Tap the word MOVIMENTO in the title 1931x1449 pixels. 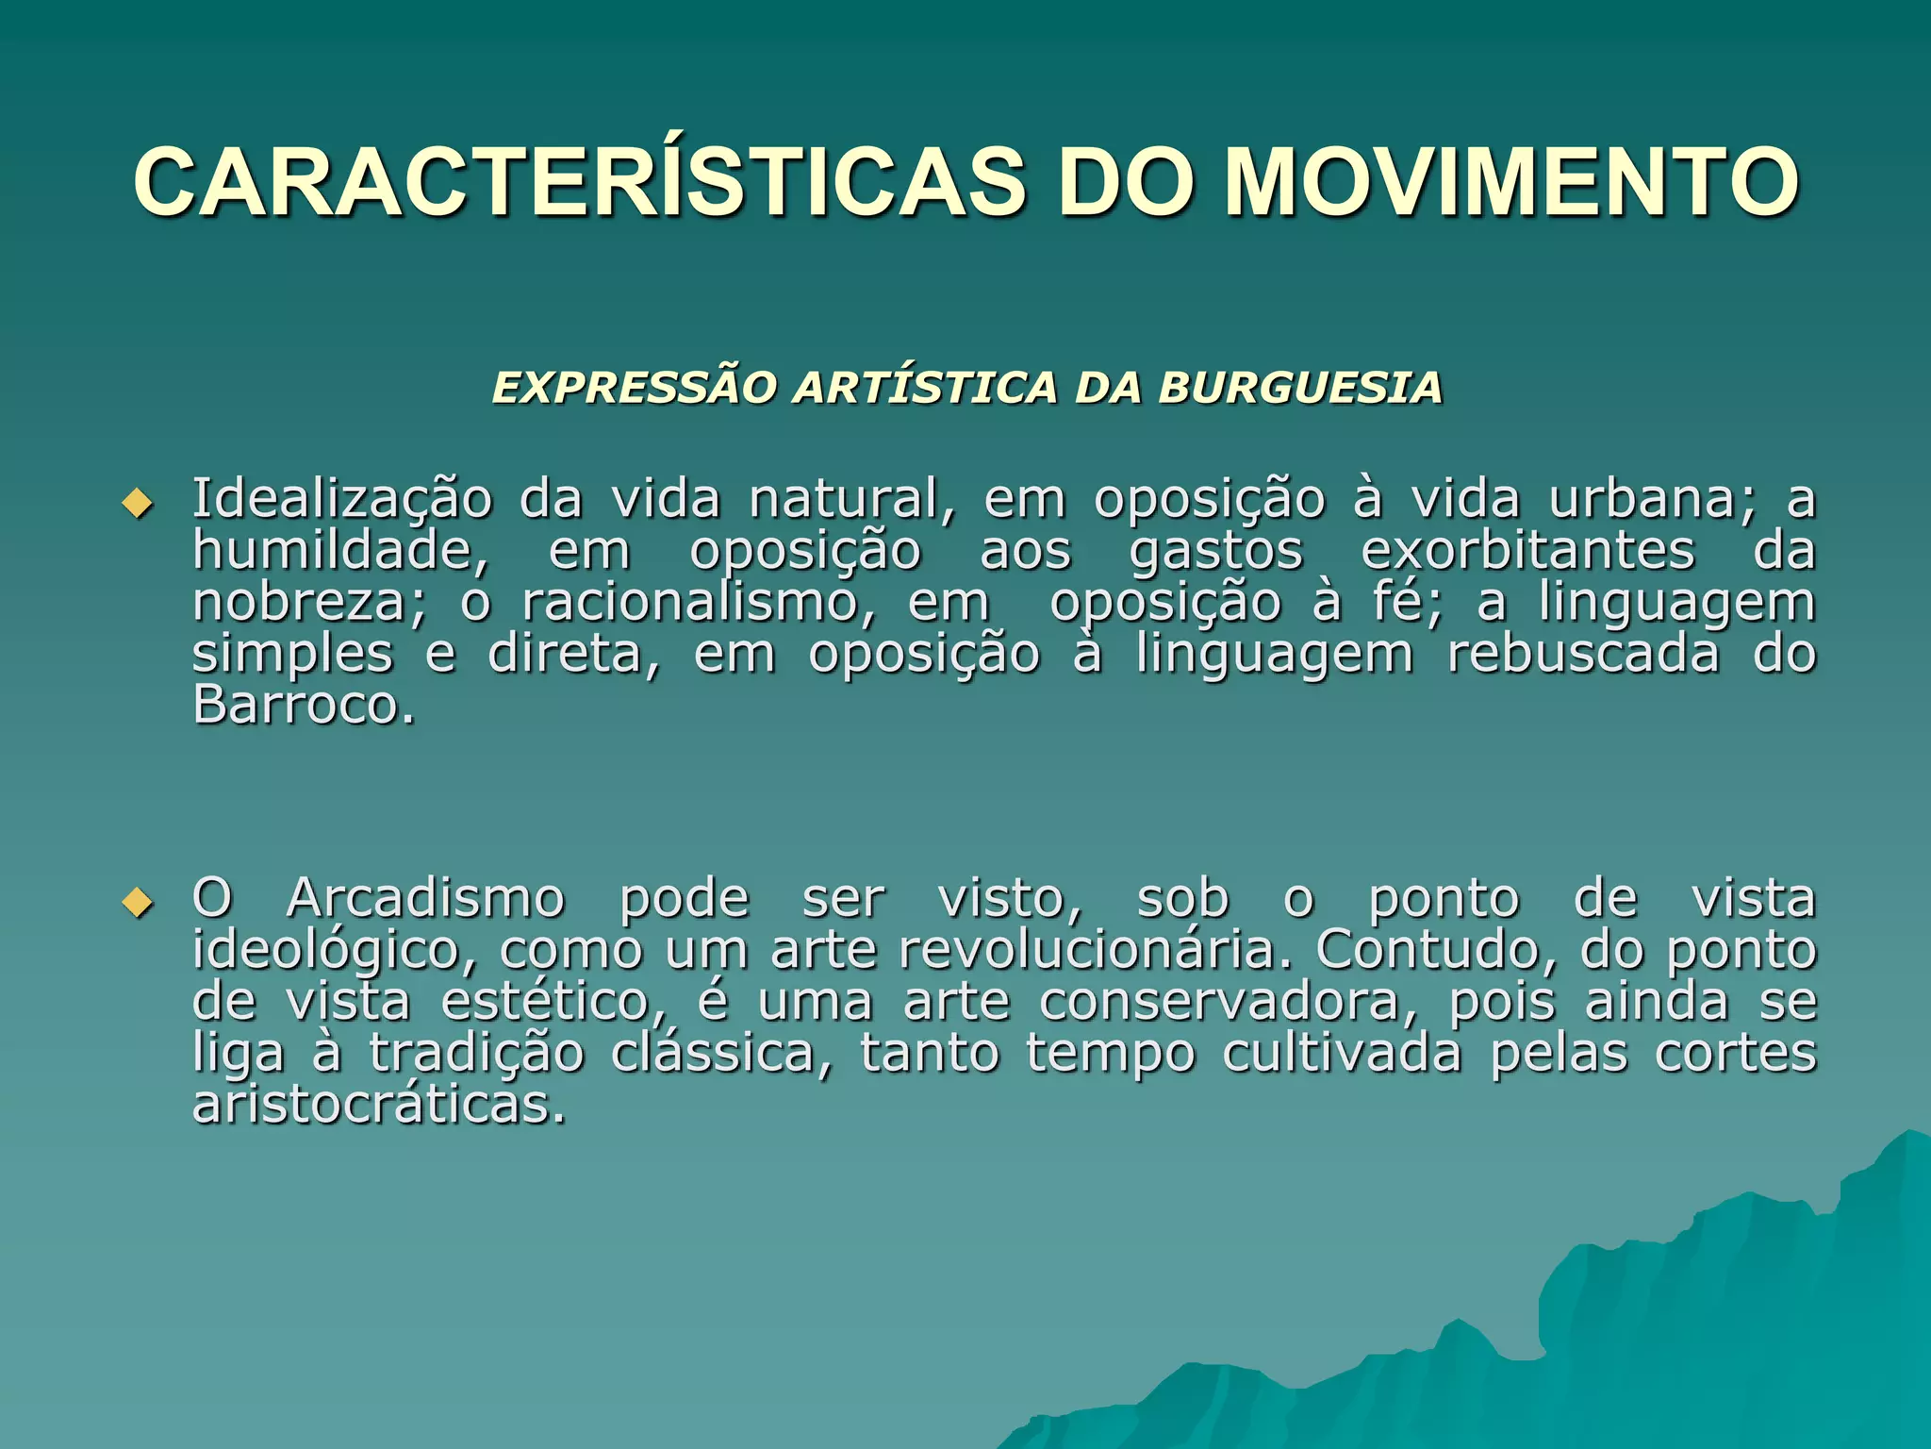1511,182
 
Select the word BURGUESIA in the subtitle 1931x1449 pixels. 1300,388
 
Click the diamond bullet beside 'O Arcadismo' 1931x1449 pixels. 138,902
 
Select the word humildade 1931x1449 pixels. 339,550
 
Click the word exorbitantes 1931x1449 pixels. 1527,550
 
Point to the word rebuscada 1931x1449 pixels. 1583,653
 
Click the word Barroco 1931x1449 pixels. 303,704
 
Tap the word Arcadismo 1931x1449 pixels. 425,897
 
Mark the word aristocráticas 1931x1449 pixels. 379,1104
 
